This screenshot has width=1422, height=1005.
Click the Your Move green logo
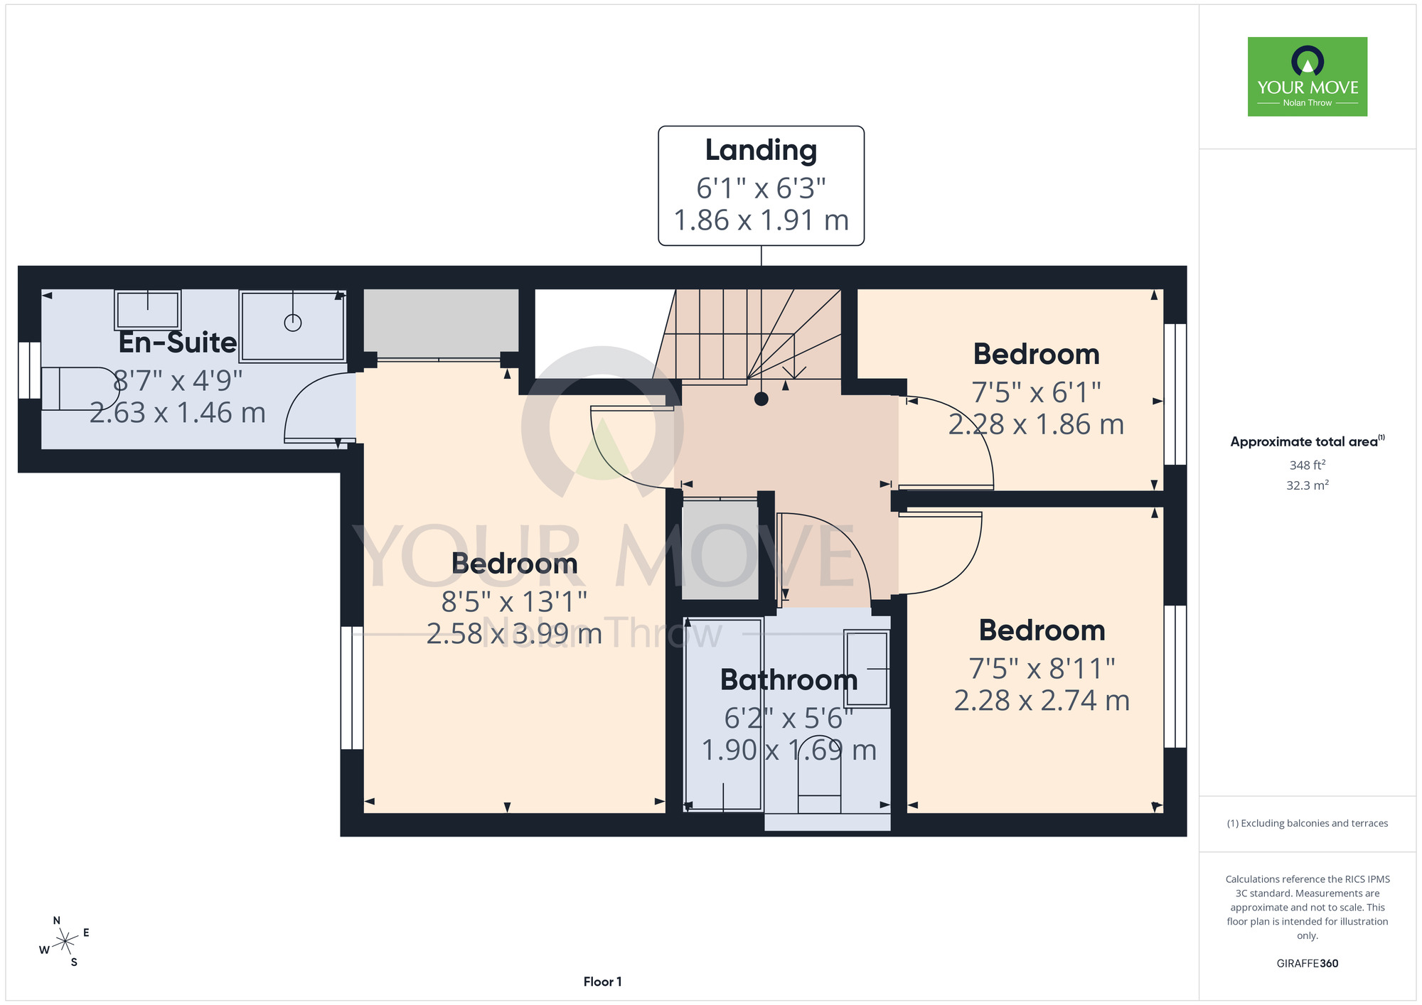point(1307,77)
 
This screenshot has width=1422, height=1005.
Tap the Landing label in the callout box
point(761,150)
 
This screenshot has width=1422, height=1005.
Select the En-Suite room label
point(178,343)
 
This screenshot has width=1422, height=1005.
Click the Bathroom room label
point(788,680)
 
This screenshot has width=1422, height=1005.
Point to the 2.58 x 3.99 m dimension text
point(514,633)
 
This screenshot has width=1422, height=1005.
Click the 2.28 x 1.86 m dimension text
point(1036,424)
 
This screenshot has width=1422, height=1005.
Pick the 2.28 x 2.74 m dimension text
point(1042,701)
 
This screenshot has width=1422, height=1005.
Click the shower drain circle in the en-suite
point(293,323)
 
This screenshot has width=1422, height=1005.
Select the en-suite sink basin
point(147,310)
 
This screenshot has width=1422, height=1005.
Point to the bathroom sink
point(867,668)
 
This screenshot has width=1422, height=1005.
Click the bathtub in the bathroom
point(724,714)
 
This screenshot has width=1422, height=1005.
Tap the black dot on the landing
point(761,399)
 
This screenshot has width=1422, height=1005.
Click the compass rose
point(65,942)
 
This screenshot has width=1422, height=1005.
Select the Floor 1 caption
point(602,982)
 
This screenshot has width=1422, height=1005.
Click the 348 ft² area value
point(1308,465)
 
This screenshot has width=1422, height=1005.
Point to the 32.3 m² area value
point(1308,485)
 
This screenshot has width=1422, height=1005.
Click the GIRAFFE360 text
point(1308,964)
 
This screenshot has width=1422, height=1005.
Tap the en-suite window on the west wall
point(29,370)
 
